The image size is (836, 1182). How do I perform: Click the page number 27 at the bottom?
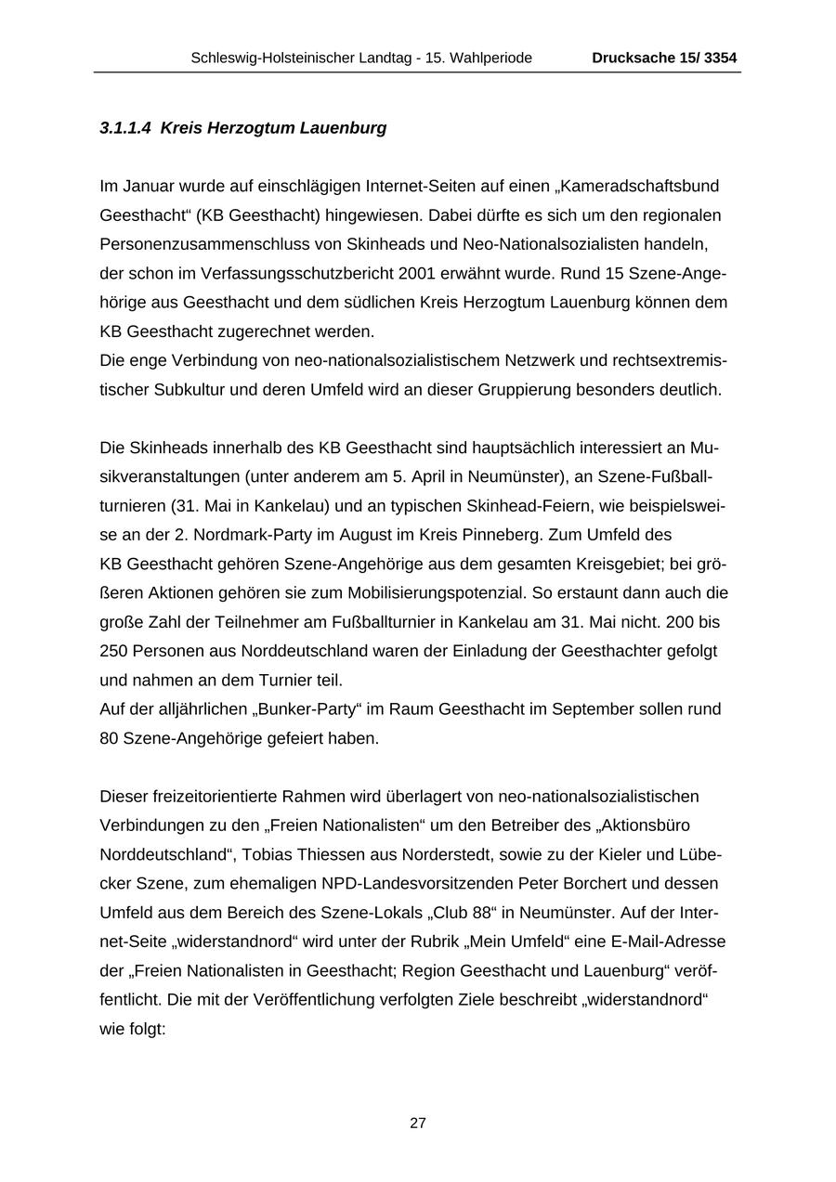pos(418,1123)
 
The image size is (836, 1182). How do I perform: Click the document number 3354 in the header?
pos(721,58)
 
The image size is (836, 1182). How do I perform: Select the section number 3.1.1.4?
pos(125,128)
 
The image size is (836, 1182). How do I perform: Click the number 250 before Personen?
pos(113,651)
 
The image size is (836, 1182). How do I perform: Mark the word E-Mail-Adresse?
pos(670,942)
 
